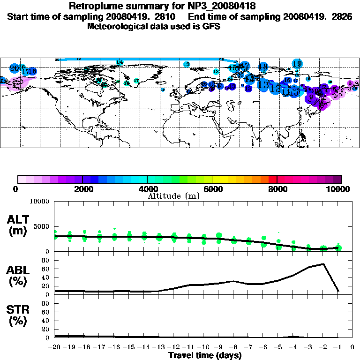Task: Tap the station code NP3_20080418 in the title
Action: [223, 7]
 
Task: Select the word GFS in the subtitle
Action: [211, 26]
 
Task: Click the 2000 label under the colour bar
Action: [82, 189]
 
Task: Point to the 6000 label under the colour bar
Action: [212, 189]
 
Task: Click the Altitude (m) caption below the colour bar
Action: [173, 195]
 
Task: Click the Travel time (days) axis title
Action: [204, 356]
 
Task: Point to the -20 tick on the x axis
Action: [55, 347]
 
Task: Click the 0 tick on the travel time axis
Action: [352, 347]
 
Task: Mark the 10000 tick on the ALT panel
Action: [40, 202]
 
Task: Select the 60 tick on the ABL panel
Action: [46, 269]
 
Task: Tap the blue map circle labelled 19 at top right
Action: [297, 63]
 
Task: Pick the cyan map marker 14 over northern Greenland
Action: [120, 62]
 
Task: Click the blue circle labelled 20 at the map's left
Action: [15, 68]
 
